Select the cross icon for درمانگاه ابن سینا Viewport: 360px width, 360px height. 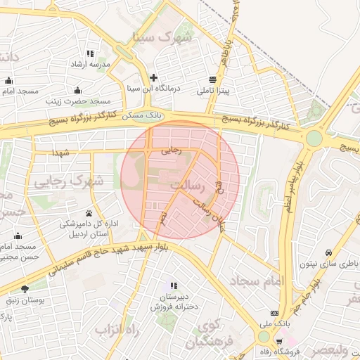tap(153, 77)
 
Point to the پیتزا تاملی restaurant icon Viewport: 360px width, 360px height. tap(213, 79)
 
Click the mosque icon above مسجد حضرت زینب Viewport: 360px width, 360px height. tap(77, 90)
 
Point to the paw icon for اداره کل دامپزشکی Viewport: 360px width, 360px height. tap(89, 213)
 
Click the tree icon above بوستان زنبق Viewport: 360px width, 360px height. tap(26, 288)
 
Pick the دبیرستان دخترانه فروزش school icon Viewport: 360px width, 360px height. tap(173, 286)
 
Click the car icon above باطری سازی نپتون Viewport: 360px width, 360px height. tap(328, 253)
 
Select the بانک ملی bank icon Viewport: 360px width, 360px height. tap(274, 313)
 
